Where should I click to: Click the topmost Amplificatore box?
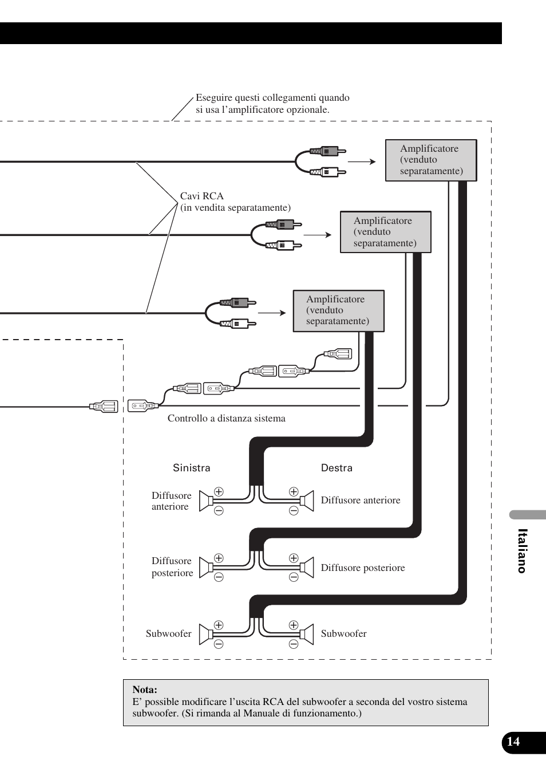(431, 160)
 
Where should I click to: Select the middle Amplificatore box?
(385, 232)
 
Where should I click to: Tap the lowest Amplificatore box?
(338, 311)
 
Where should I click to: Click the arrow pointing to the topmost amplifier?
(362, 162)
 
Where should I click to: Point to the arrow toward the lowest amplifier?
(272, 313)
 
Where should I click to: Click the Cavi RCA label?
(202, 196)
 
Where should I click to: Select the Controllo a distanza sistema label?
(226, 418)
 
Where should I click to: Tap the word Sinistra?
(192, 468)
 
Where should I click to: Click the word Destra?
(337, 468)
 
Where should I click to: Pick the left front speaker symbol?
(206, 501)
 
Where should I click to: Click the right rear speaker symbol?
(307, 568)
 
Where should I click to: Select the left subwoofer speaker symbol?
(206, 635)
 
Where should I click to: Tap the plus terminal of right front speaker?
(294, 491)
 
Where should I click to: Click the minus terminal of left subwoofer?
(219, 644)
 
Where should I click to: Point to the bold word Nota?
(145, 690)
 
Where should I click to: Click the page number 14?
(513, 742)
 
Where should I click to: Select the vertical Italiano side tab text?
(521, 550)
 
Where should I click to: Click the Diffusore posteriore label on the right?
(363, 568)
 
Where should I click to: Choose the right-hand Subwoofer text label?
(343, 633)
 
